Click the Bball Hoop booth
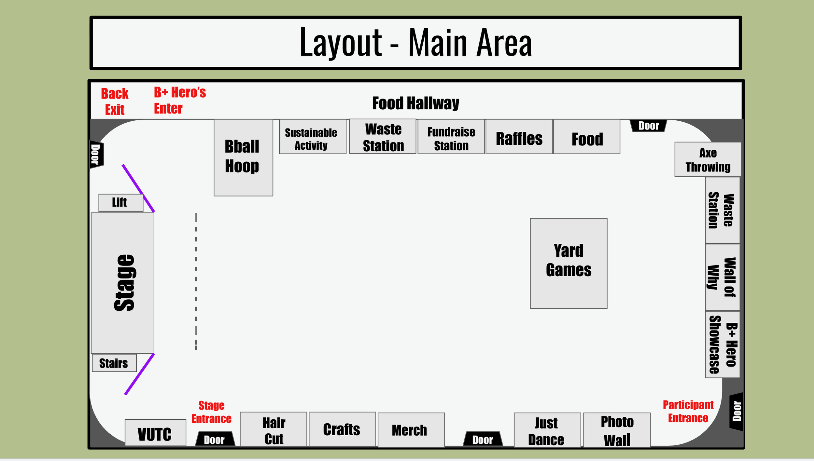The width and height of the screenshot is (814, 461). pyautogui.click(x=243, y=157)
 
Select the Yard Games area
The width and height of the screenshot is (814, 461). pyautogui.click(x=568, y=263)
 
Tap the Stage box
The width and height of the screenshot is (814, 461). pyautogui.click(x=122, y=283)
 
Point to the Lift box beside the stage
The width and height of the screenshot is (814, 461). pyautogui.click(x=120, y=203)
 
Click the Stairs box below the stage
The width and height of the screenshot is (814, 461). pyautogui.click(x=114, y=363)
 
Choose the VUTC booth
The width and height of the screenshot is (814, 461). pyautogui.click(x=155, y=433)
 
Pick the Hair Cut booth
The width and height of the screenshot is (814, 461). pyautogui.click(x=274, y=429)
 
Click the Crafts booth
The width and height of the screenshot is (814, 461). pyautogui.click(x=342, y=429)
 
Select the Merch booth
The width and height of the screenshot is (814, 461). pyautogui.click(x=411, y=430)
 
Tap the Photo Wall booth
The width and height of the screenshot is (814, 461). pyautogui.click(x=617, y=430)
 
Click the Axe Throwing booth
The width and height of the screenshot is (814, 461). pyautogui.click(x=708, y=159)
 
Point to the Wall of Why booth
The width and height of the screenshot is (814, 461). pyautogui.click(x=722, y=277)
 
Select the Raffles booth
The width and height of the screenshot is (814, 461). pyautogui.click(x=519, y=137)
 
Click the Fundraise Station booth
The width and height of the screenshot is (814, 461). pyautogui.click(x=451, y=137)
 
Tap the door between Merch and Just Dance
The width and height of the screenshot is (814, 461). pyautogui.click(x=483, y=439)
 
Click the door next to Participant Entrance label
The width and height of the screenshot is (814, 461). pyautogui.click(x=737, y=412)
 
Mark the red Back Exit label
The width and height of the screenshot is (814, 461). pyautogui.click(x=115, y=102)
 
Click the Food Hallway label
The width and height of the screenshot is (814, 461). pyautogui.click(x=415, y=103)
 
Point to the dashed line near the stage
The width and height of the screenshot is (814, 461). pyautogui.click(x=196, y=281)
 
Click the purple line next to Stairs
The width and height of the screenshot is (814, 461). pyautogui.click(x=139, y=374)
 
